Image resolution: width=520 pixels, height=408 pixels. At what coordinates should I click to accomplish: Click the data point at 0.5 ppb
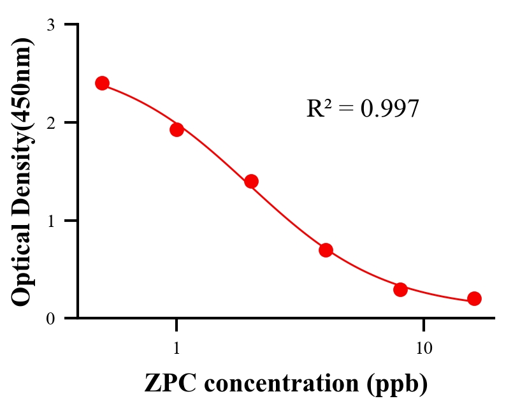pyautogui.click(x=102, y=84)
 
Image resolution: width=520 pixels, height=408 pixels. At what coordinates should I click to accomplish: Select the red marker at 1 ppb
pyautogui.click(x=177, y=129)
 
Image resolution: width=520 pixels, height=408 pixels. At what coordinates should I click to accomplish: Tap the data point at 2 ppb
pyautogui.click(x=251, y=181)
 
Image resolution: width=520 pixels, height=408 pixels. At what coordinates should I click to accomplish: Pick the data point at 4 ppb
pyautogui.click(x=326, y=250)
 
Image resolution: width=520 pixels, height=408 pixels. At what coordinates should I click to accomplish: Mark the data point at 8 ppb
pyautogui.click(x=400, y=289)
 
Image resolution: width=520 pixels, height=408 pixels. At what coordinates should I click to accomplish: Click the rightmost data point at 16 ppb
pyautogui.click(x=474, y=298)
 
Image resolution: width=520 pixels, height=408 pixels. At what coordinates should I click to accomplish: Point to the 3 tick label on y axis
pyautogui.click(x=50, y=25)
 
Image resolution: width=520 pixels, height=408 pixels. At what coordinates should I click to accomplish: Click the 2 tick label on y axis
pyautogui.click(x=50, y=122)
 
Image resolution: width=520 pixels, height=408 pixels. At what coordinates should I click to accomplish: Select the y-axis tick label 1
pyautogui.click(x=50, y=221)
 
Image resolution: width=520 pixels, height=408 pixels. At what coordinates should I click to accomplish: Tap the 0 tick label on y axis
pyautogui.click(x=50, y=318)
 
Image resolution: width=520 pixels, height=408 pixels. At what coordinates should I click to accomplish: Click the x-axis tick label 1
pyautogui.click(x=177, y=348)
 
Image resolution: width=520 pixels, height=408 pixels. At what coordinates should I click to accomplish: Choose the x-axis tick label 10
pyautogui.click(x=424, y=348)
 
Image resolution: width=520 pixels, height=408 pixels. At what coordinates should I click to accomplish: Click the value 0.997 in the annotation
pyautogui.click(x=389, y=108)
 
